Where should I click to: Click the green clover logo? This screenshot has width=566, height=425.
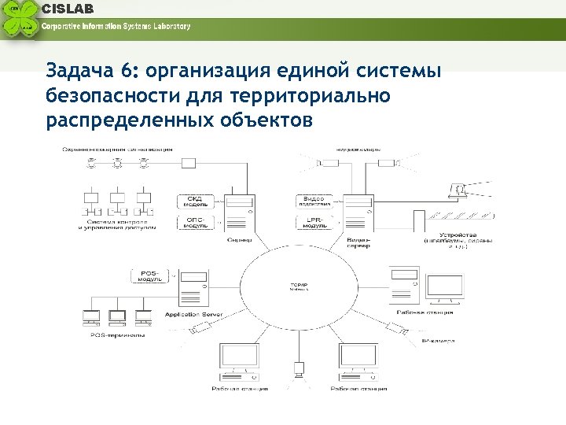[20, 20]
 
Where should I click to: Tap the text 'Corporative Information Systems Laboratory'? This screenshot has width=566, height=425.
[116, 26]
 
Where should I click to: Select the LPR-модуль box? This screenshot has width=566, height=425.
[313, 222]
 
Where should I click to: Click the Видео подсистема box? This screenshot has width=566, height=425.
[313, 201]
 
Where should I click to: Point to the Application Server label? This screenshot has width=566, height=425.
[194, 315]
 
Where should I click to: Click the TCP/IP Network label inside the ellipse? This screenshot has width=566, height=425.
[296, 286]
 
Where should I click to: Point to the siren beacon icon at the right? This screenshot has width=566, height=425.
[456, 190]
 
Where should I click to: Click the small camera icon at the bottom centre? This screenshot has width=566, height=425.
[299, 368]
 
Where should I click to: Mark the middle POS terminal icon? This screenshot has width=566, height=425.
[117, 317]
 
